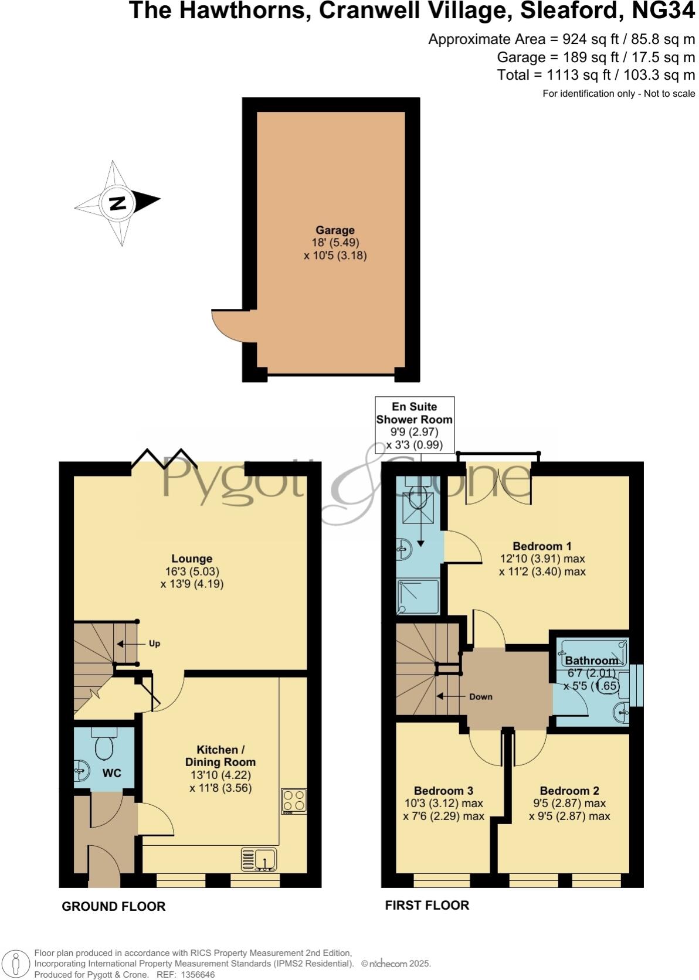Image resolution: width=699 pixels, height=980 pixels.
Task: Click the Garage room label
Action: click(335, 230)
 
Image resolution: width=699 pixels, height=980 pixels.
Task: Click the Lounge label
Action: click(192, 559)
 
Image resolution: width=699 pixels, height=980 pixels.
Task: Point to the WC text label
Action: click(111, 773)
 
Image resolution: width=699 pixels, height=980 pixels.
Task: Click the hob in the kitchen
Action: click(294, 801)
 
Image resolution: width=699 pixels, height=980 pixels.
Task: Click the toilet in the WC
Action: click(104, 745)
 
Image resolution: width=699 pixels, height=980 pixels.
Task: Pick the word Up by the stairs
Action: click(154, 644)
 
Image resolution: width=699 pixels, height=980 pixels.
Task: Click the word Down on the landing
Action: click(480, 697)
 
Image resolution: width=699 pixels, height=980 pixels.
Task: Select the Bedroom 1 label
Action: click(542, 546)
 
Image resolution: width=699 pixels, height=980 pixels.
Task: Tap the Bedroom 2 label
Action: click(569, 791)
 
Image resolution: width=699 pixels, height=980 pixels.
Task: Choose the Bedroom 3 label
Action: click(443, 791)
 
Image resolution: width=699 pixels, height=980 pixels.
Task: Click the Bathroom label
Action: click(591, 661)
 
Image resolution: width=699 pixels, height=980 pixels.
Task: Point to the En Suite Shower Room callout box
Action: click(414, 426)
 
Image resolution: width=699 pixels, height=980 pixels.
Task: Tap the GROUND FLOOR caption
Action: click(114, 906)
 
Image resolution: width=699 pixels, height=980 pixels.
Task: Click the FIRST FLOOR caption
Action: click(427, 905)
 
